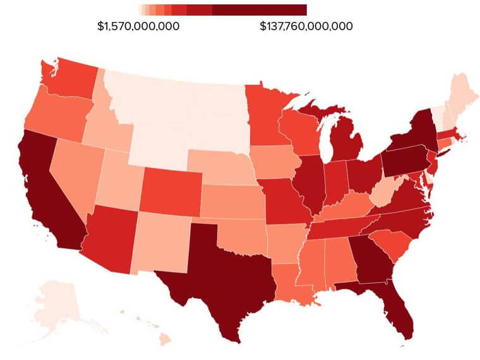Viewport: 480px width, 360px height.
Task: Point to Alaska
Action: [x=54, y=303]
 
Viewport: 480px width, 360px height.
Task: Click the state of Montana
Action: [x=152, y=95]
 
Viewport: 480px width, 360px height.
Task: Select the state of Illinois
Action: [x=309, y=180]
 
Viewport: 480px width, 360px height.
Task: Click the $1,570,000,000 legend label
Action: [x=138, y=27]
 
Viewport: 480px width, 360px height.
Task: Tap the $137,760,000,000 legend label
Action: [x=306, y=27]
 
